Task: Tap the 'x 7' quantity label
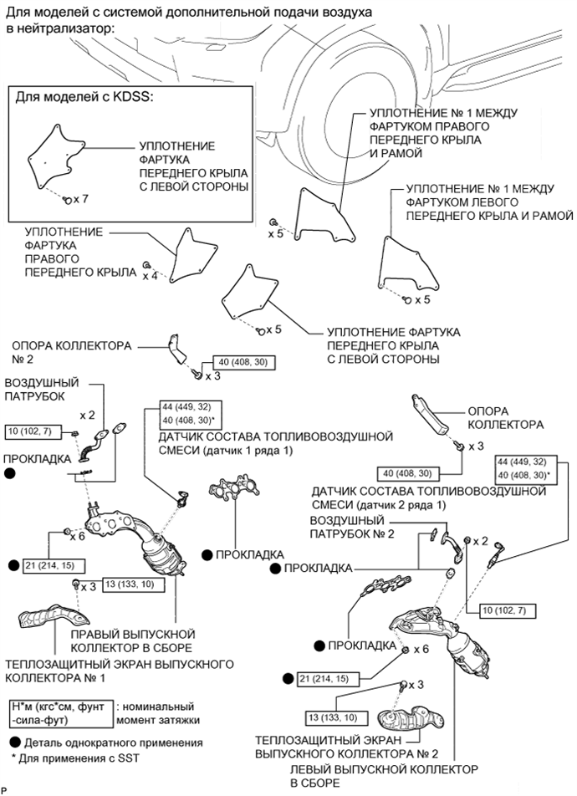(80, 200)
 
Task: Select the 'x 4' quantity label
(150, 275)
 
